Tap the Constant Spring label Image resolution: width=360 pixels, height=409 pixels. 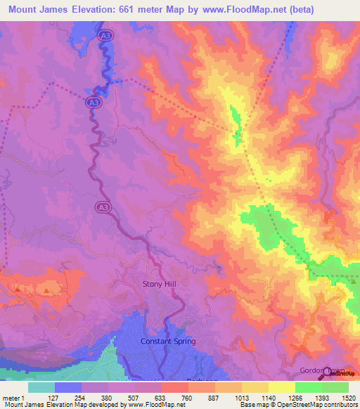click(x=167, y=342)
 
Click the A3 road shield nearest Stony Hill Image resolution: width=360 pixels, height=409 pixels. click(x=101, y=207)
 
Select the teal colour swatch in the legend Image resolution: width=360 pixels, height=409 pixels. click(x=41, y=387)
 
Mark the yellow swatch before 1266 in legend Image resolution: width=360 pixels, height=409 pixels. click(x=281, y=387)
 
